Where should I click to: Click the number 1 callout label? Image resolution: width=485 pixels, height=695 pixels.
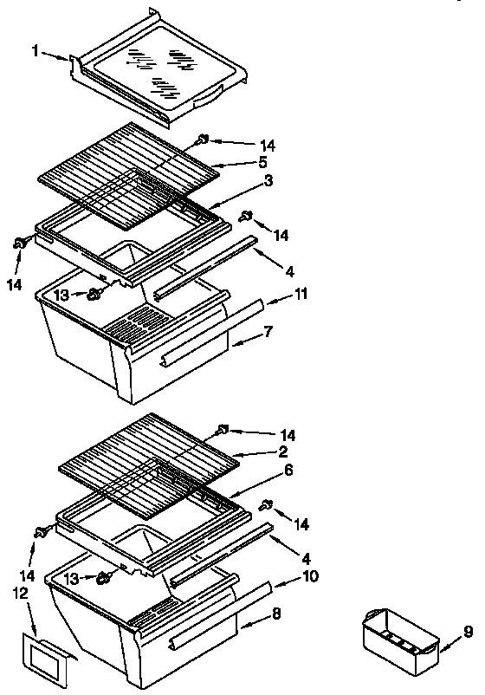tap(35, 53)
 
